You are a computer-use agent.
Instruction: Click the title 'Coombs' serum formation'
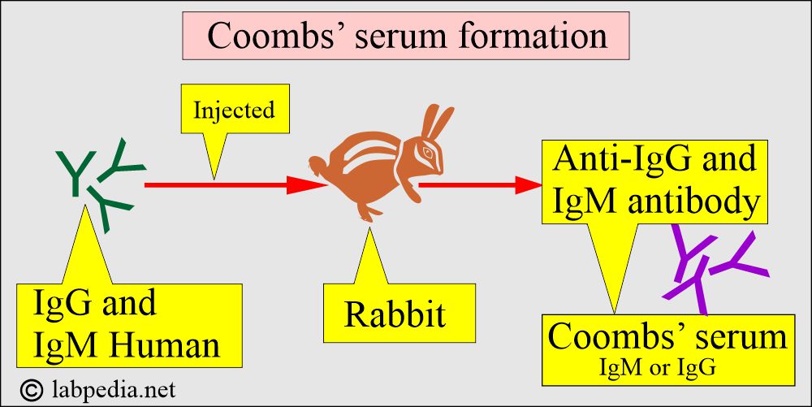coord(406,37)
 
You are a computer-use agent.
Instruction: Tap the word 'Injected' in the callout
coord(234,110)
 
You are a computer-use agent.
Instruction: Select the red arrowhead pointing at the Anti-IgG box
coord(527,185)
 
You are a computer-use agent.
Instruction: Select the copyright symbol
coord(32,389)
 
